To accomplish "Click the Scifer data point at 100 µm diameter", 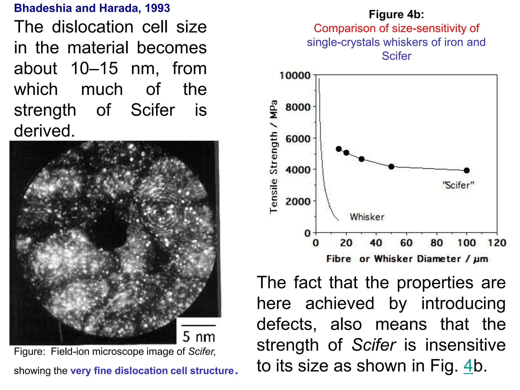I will pyautogui.click(x=466, y=170).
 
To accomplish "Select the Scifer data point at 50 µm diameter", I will pyautogui.click(x=391, y=167).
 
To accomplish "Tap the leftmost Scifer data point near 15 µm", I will pyautogui.click(x=339, y=149).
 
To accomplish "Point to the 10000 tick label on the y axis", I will pyautogui.click(x=295, y=75).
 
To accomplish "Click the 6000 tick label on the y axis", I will pyautogui.click(x=298, y=139).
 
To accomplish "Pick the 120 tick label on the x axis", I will pyautogui.click(x=497, y=243).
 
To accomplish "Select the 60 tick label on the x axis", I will pyautogui.click(x=406, y=243).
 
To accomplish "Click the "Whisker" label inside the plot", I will pyautogui.click(x=367, y=217).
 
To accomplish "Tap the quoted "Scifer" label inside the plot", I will pyautogui.click(x=458, y=185).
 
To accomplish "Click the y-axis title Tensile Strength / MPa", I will pyautogui.click(x=273, y=157).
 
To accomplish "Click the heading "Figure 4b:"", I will pyautogui.click(x=396, y=14).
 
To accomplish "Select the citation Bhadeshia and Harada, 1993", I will pyautogui.click(x=92, y=8).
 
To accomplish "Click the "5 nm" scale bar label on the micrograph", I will pyautogui.click(x=199, y=336).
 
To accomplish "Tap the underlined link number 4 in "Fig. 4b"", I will pyautogui.click(x=468, y=366).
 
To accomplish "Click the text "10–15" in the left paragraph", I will pyautogui.click(x=94, y=68).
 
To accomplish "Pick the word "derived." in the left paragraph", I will pyautogui.click(x=44, y=131).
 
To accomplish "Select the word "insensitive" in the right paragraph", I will pyautogui.click(x=465, y=345).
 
